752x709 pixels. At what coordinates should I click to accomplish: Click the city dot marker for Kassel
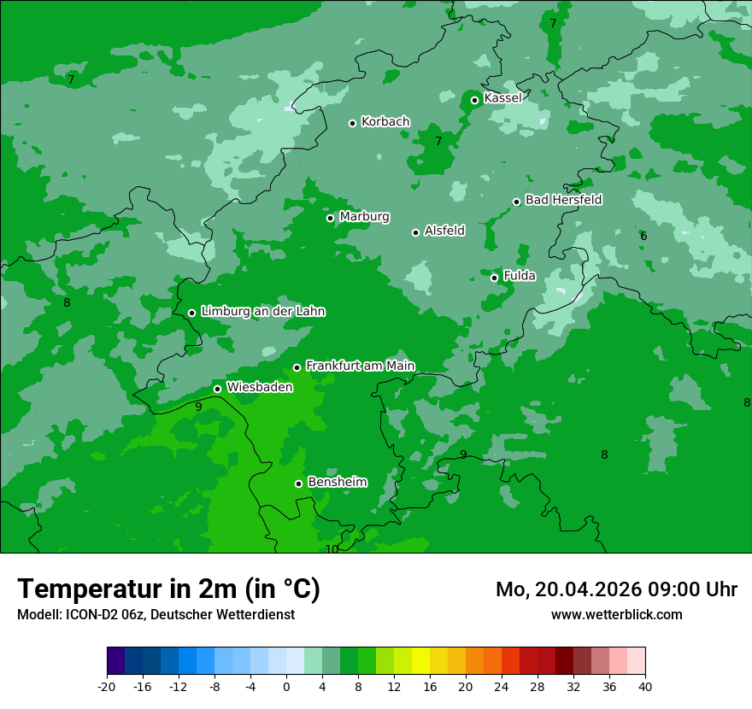click(x=475, y=100)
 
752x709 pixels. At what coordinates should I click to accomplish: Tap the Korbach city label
click(x=385, y=122)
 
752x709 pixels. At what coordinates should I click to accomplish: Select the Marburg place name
click(x=364, y=217)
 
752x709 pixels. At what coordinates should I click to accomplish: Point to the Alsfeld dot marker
click(x=416, y=232)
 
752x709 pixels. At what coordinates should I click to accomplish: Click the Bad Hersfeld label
click(x=563, y=200)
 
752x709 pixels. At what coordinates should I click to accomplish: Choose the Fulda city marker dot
click(x=495, y=278)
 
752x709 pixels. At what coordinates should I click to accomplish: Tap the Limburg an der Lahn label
click(x=262, y=312)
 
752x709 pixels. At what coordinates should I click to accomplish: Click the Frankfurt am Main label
click(x=360, y=366)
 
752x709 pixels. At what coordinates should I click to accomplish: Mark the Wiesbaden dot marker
click(x=218, y=389)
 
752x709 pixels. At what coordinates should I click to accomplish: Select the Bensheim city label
click(x=337, y=482)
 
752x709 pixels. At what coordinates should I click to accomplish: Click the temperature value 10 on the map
click(x=332, y=549)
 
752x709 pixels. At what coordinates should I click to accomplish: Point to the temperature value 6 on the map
click(x=643, y=236)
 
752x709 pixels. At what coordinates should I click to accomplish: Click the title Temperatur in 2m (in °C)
click(x=168, y=589)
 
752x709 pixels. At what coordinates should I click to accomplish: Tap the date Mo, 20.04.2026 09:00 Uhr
click(x=616, y=589)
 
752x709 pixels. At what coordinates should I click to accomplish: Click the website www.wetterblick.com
click(x=616, y=614)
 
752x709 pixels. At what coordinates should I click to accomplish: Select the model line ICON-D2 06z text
click(x=156, y=614)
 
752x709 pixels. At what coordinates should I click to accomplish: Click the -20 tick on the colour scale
click(x=107, y=686)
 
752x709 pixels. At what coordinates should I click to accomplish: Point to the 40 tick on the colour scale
click(x=644, y=686)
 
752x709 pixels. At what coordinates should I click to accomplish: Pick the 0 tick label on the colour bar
click(x=286, y=686)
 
